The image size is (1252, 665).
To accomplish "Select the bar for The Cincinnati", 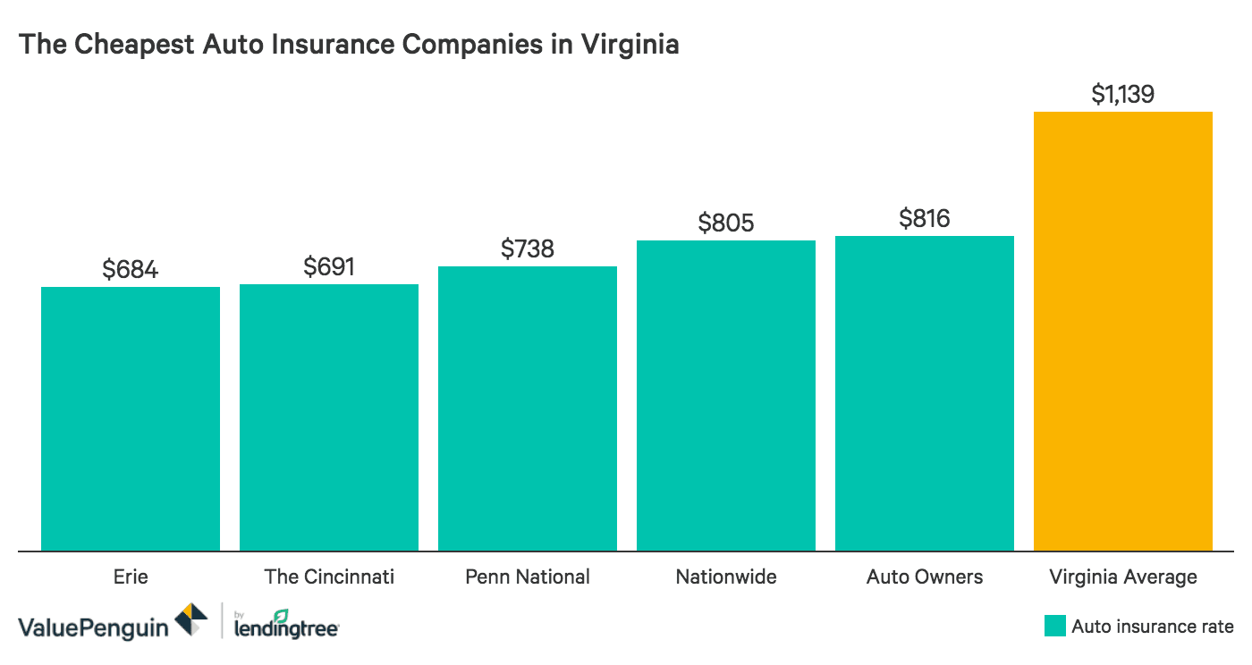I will pos(329,417).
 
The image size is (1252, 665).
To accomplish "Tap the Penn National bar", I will pos(528,408).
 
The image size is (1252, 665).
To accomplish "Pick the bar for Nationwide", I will pos(726,395).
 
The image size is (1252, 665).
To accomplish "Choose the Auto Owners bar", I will pos(925,393).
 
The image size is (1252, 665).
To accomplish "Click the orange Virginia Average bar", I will pos(1123,331).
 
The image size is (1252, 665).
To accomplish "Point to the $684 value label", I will pos(131,269).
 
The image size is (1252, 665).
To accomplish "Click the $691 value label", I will pos(329,266).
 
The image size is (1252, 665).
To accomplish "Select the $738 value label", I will pos(528,248).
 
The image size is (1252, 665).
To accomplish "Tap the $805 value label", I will pos(726,223).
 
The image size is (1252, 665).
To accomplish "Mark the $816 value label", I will pos(925,218).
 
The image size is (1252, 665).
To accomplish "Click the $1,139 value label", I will pos(1123,94).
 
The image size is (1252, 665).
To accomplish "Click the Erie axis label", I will pos(131,577).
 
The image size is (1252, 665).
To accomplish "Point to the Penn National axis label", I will pos(528,577).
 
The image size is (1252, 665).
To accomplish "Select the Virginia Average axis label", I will pos(1123,577).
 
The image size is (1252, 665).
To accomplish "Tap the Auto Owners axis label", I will pos(925,577).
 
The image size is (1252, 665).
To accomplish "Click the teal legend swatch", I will pos(1055,626).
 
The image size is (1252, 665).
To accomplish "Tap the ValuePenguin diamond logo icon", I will pos(190,621).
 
